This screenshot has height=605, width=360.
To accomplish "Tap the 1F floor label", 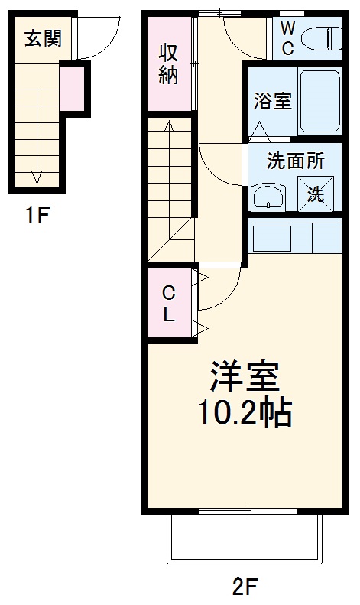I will (36, 215).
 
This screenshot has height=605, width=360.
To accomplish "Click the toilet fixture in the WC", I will (321, 37).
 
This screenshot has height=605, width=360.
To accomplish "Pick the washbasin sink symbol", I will (268, 197).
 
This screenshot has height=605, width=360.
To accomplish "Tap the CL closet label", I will (169, 303).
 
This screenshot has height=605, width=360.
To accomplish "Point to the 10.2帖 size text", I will (245, 413).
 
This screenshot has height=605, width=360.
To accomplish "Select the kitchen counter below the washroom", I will (294, 236).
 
